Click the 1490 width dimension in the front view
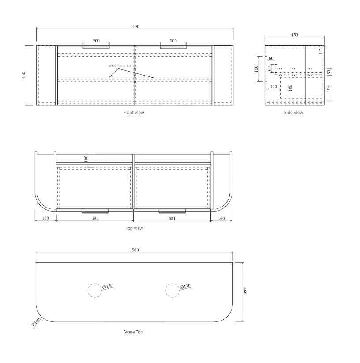135,26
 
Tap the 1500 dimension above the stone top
135,250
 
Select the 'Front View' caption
134,113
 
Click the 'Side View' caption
293,113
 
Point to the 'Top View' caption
134,228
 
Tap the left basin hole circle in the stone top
94,290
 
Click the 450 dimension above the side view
294,34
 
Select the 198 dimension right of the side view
330,88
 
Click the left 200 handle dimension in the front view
96,41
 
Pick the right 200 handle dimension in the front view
173,41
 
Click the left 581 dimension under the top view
94,218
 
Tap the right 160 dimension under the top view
221,218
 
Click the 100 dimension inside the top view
86,159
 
